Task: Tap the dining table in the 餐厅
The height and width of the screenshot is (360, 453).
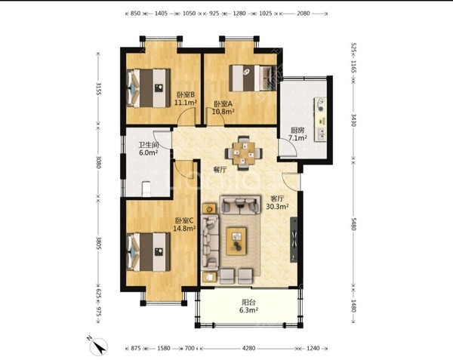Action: click(244, 153)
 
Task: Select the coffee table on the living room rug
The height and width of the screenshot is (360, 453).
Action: click(236, 241)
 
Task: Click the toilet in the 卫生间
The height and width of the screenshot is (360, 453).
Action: click(146, 189)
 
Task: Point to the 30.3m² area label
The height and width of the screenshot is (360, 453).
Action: click(278, 207)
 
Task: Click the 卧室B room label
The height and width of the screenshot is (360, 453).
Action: click(186, 94)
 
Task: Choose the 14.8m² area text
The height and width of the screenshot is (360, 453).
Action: click(185, 229)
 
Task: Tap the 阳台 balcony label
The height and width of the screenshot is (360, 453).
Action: click(248, 303)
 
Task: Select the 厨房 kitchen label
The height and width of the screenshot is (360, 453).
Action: click(297, 131)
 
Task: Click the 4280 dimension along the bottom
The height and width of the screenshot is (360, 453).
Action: click(248, 348)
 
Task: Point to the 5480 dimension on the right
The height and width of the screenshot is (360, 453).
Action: click(353, 224)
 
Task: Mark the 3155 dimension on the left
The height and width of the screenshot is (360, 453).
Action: click(98, 88)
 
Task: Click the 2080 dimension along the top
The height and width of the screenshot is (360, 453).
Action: click(304, 14)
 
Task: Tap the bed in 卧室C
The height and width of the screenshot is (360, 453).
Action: click(148, 252)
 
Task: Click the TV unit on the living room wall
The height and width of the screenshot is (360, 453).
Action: click(294, 239)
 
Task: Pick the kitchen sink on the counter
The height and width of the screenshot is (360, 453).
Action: click(321, 134)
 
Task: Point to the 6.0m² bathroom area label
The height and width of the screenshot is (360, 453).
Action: click(149, 152)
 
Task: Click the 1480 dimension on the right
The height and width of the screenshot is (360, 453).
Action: click(353, 306)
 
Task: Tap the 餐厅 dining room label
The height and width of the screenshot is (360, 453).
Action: click(220, 170)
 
